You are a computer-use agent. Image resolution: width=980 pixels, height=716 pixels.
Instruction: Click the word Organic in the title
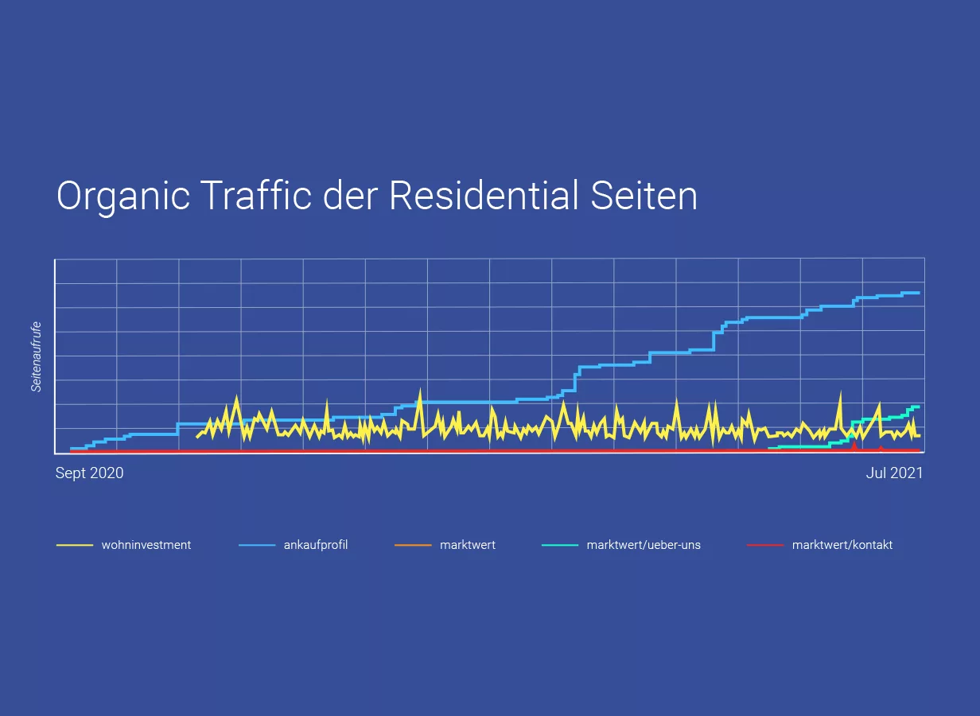(122, 196)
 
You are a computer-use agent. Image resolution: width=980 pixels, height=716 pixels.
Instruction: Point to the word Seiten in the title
(644, 196)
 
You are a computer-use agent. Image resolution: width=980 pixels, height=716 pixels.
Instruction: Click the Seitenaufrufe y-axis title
(37, 356)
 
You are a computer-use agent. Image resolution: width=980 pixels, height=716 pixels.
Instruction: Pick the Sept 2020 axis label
(89, 473)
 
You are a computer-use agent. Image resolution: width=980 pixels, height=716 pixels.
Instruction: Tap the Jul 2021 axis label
(894, 473)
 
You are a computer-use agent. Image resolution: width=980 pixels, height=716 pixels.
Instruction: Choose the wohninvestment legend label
(146, 545)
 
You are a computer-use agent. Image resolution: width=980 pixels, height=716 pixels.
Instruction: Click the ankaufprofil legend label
(316, 545)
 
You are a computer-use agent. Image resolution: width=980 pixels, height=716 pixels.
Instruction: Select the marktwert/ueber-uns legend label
(644, 545)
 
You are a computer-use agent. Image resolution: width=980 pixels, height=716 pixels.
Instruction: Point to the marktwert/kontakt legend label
(842, 545)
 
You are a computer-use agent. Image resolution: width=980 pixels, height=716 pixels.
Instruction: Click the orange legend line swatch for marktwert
(413, 545)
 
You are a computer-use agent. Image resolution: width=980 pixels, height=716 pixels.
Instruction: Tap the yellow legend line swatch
(75, 545)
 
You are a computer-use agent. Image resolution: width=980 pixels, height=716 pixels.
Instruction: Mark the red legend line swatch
(765, 545)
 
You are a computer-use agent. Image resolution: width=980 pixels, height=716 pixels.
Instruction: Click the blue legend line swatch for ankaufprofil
(257, 545)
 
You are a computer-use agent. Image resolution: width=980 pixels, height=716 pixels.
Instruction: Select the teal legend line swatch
(559, 545)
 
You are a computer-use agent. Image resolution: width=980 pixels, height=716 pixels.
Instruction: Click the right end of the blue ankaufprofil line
(919, 293)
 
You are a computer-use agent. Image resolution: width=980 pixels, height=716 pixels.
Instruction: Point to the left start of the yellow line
(197, 437)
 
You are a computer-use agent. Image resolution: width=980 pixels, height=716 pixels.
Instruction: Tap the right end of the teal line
(919, 407)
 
